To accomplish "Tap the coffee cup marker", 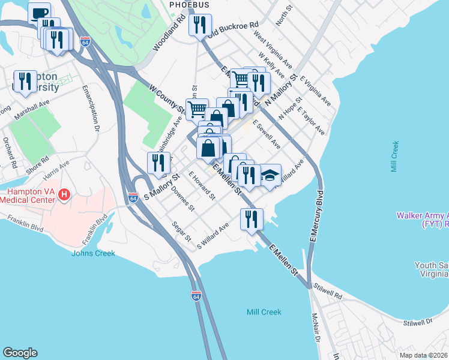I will click(x=39, y=13).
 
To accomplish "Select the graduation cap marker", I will click(x=270, y=175).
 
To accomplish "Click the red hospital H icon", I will click(x=65, y=195).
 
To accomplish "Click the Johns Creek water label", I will click(x=93, y=253).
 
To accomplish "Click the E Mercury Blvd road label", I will click(x=316, y=216).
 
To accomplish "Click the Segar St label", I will click(x=181, y=233).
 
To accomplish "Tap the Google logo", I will click(x=20, y=353).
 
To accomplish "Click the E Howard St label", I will click(x=201, y=186).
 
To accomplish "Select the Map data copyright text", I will click(x=423, y=355).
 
